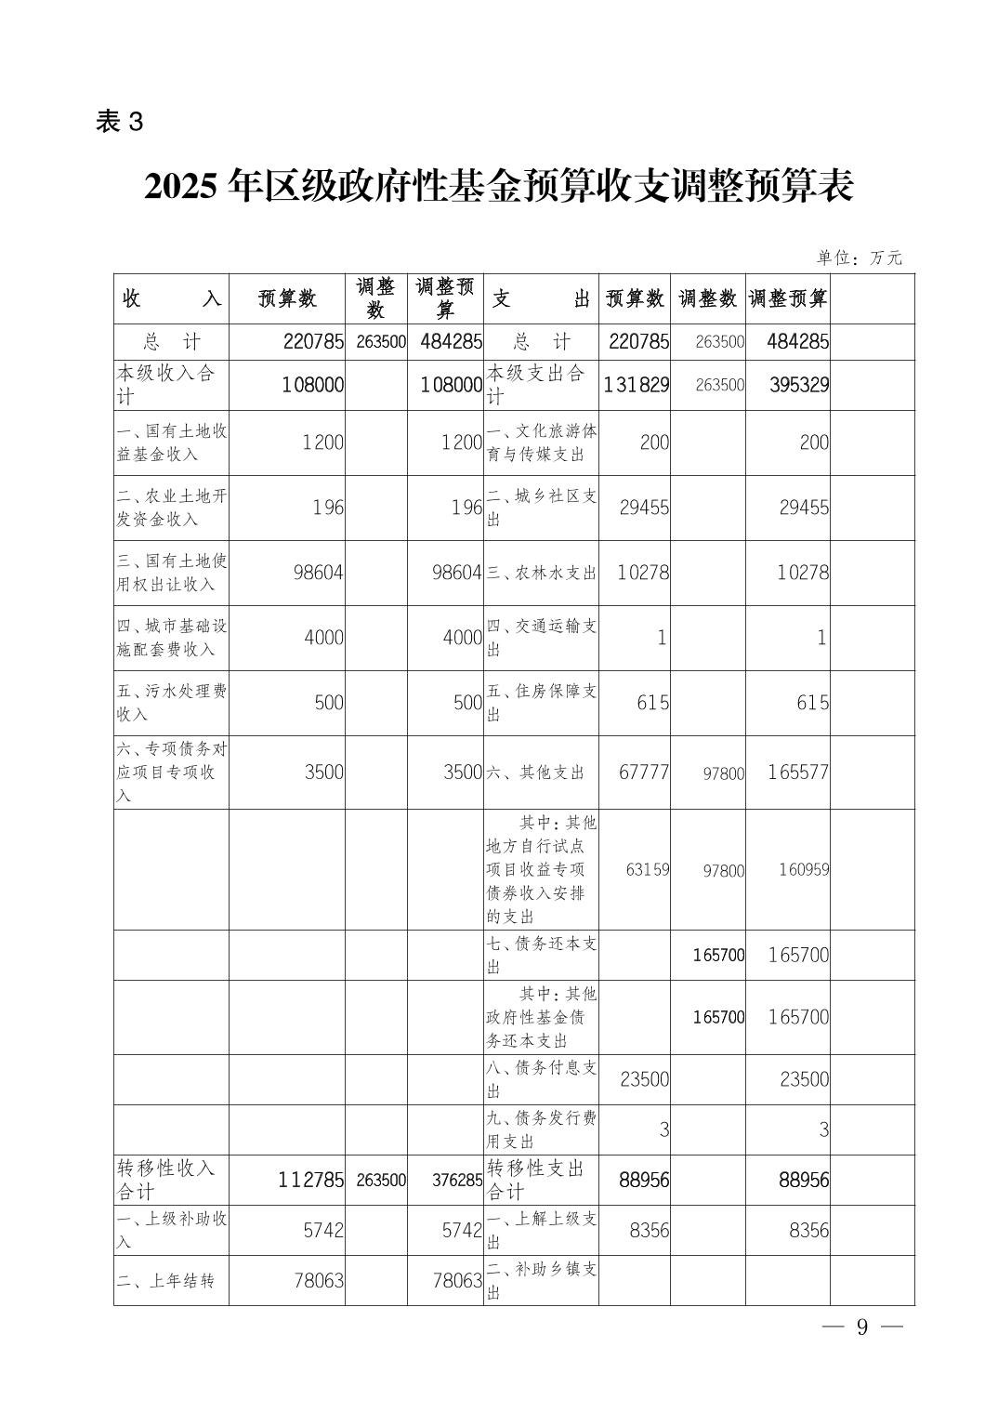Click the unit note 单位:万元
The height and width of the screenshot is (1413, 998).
click(x=859, y=258)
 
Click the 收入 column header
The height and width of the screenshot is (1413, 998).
click(x=171, y=298)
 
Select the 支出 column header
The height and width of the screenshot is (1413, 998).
click(x=541, y=298)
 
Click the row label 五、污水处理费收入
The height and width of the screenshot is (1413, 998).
click(x=171, y=703)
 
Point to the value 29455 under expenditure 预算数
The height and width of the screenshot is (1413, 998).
click(x=644, y=508)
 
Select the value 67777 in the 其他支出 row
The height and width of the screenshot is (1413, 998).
click(x=644, y=773)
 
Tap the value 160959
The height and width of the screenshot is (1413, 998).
click(x=804, y=870)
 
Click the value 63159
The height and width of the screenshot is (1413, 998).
click(x=647, y=870)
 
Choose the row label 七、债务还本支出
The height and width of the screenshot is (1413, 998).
click(x=541, y=955)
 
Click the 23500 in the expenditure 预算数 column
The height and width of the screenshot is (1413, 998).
click(x=644, y=1079)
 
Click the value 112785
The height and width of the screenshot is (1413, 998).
click(x=310, y=1180)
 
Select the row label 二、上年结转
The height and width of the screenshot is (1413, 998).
click(x=165, y=1281)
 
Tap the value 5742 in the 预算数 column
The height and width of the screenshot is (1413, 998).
click(x=323, y=1230)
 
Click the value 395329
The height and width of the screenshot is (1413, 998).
click(x=798, y=385)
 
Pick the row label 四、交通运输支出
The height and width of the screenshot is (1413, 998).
click(x=541, y=638)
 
